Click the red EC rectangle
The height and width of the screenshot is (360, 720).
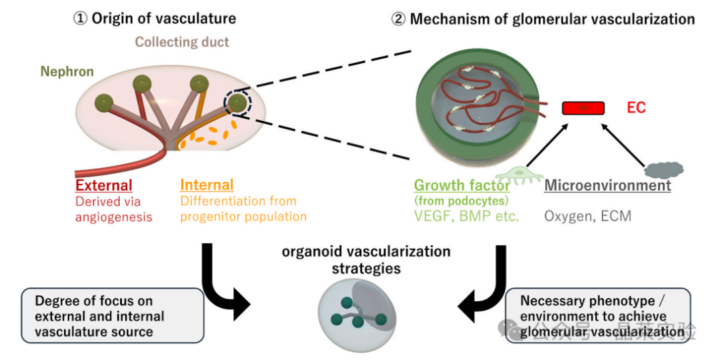click(583, 107)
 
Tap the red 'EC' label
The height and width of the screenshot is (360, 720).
click(636, 107)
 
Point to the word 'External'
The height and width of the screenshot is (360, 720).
click(104, 185)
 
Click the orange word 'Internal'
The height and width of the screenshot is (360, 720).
click(207, 185)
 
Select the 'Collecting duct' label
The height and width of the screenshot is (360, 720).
click(182, 42)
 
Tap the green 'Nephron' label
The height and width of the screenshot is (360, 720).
click(67, 71)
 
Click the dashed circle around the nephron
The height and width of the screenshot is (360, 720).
click(237, 104)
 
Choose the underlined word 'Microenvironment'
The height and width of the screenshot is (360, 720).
click(607, 185)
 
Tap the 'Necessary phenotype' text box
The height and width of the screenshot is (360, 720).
click(599, 315)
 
